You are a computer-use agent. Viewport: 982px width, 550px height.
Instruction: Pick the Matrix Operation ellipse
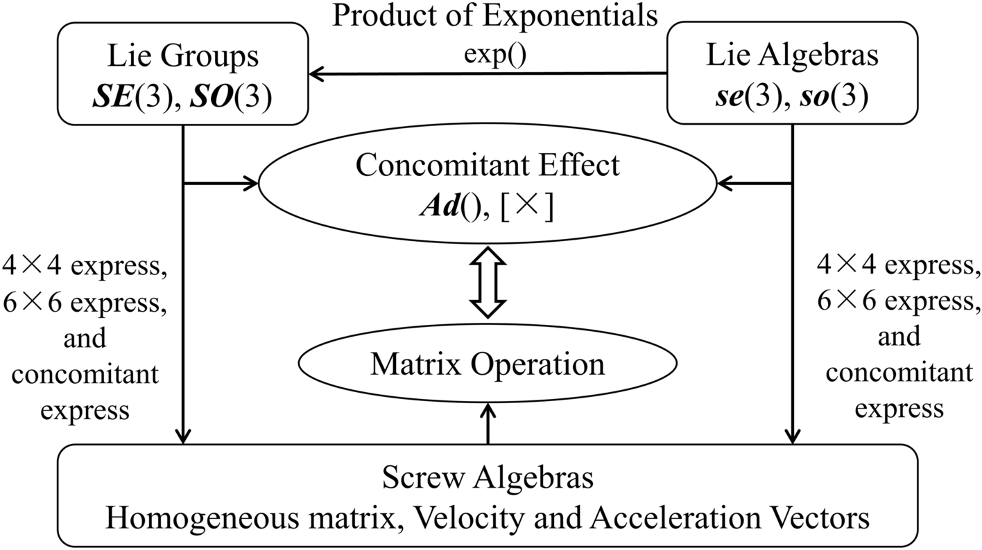488,364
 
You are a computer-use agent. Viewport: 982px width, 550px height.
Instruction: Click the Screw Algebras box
488,497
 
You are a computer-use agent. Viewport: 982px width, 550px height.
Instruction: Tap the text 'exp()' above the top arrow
494,54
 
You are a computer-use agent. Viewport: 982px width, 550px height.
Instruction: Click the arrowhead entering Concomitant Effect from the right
725,184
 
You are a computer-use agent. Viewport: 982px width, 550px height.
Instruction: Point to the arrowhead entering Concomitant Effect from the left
250,184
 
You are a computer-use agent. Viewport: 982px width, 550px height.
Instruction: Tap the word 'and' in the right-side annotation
899,337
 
